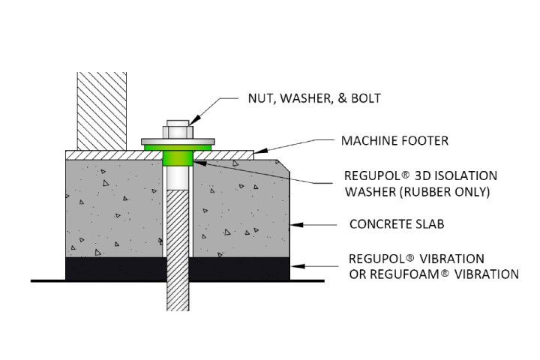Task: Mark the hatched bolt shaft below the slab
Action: coord(178,292)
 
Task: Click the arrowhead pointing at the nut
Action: coord(191,121)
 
